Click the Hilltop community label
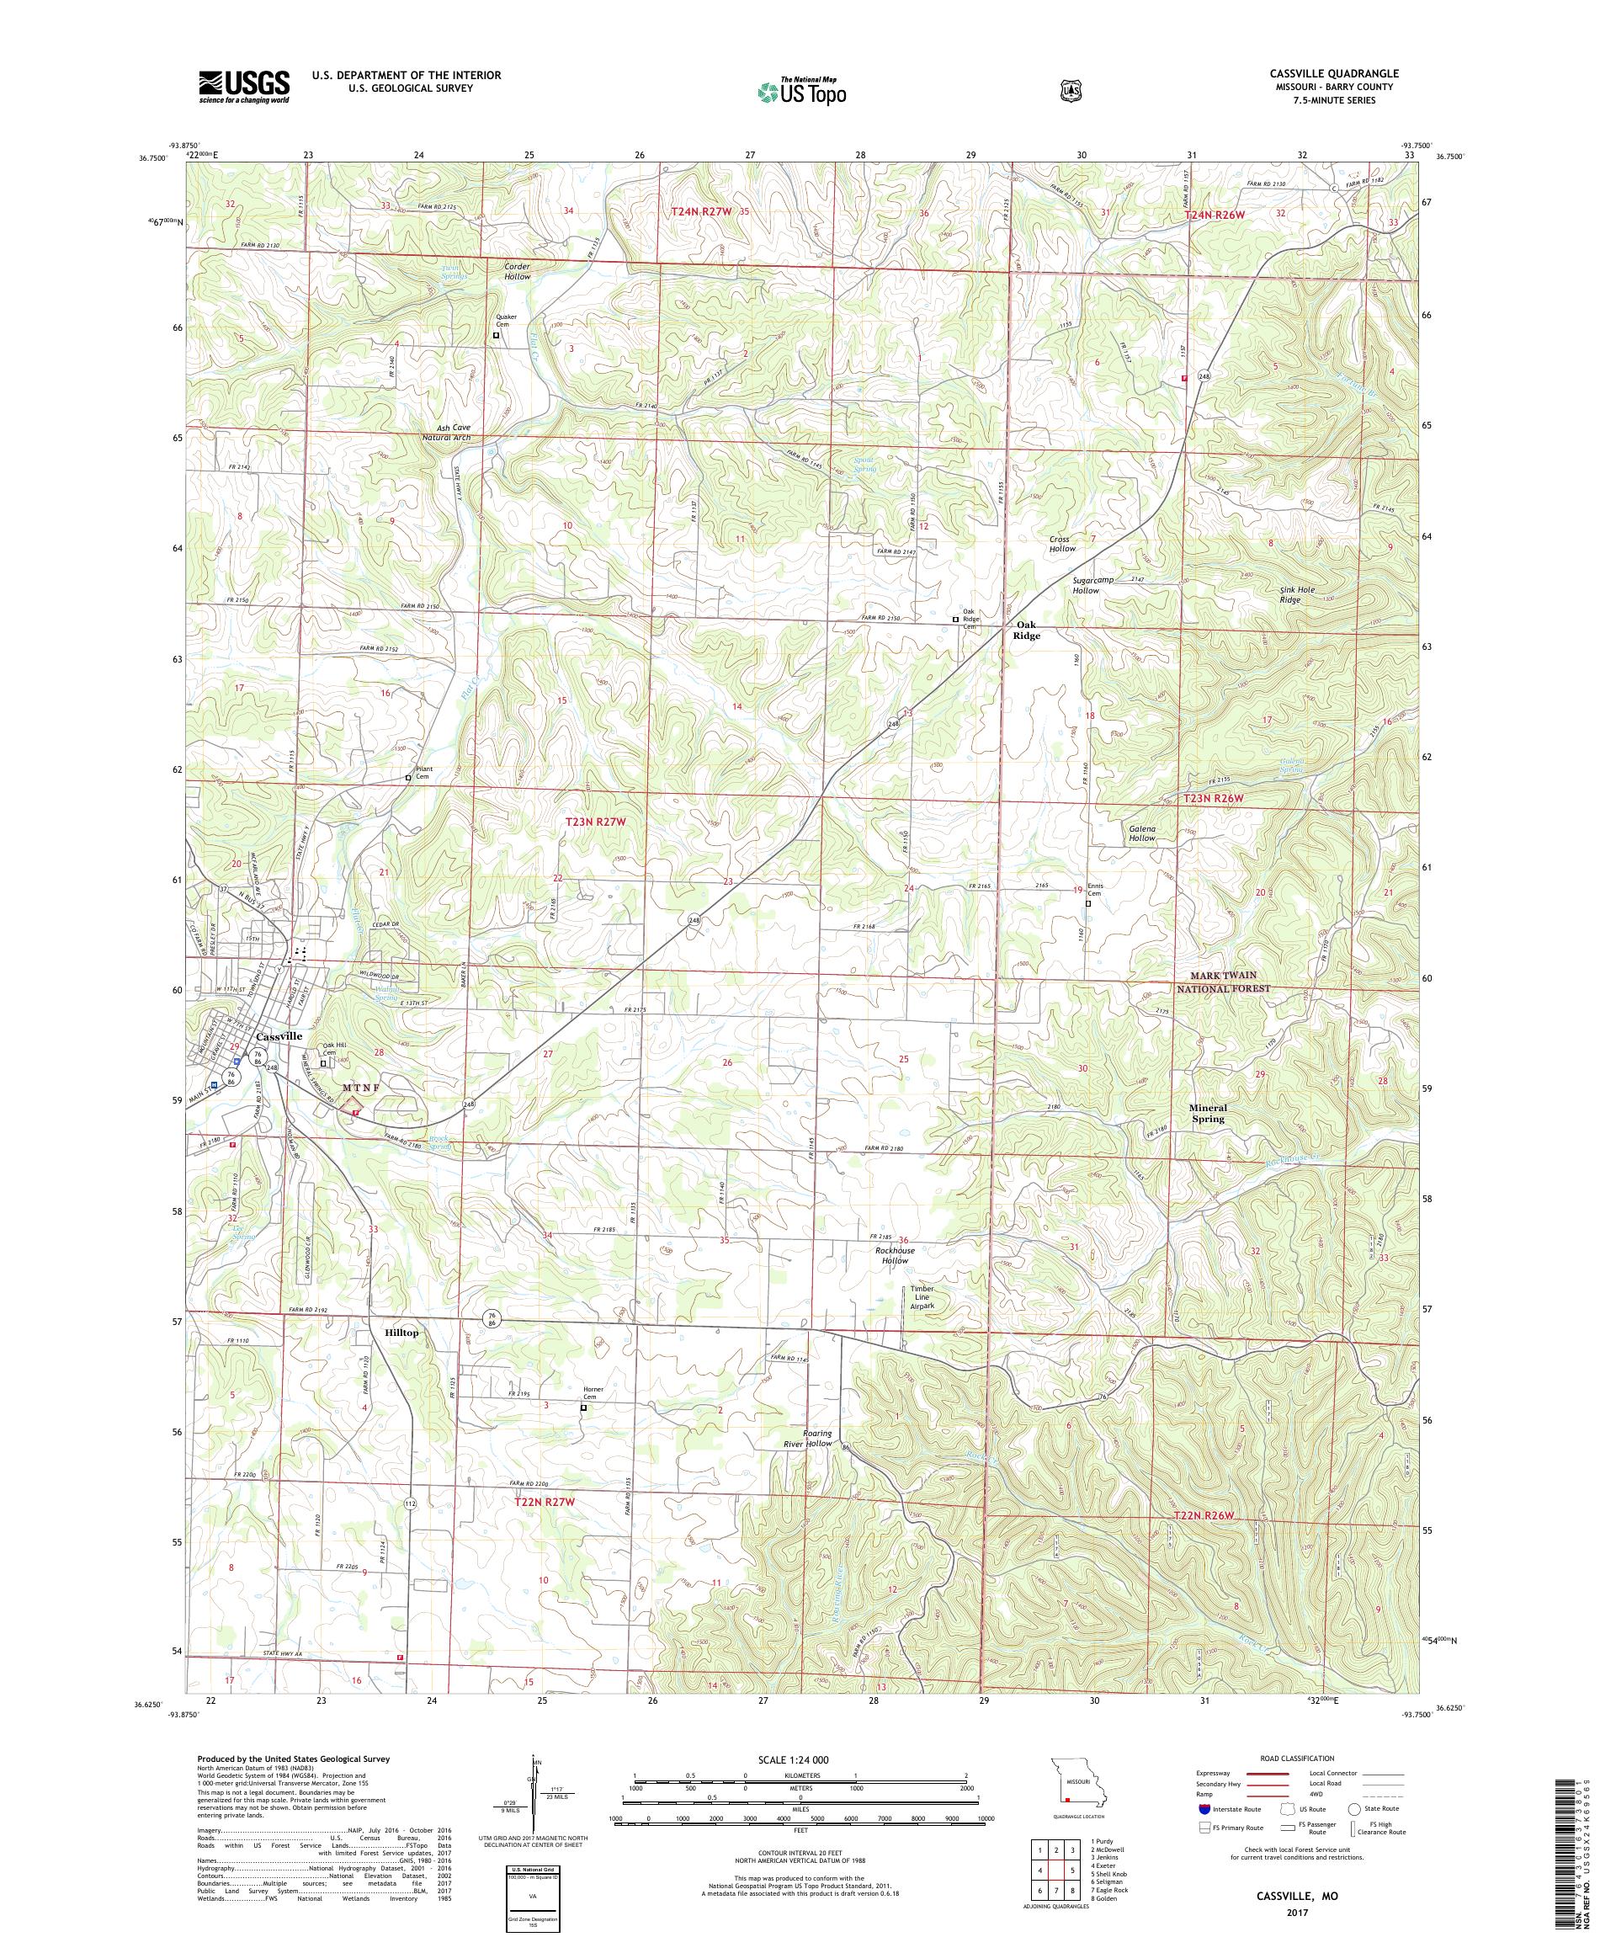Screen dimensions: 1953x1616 pos(401,1333)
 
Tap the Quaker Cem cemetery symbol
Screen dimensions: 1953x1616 pos(496,336)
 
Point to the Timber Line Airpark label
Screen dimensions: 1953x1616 pos(921,1297)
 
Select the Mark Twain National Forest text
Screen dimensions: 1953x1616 pos(1222,982)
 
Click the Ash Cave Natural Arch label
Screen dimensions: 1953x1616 pos(446,433)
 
